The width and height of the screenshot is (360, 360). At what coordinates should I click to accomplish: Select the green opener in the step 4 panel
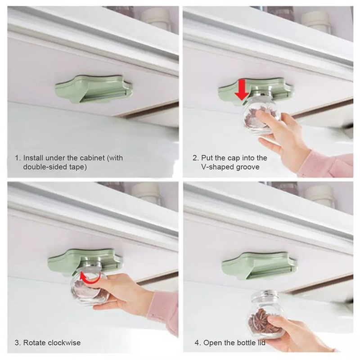click(260, 265)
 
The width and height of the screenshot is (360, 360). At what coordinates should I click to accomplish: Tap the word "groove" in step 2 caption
click(247, 167)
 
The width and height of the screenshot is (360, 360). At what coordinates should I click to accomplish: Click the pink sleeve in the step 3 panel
click(163, 312)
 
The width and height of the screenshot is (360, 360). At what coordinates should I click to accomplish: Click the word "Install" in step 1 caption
click(33, 158)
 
